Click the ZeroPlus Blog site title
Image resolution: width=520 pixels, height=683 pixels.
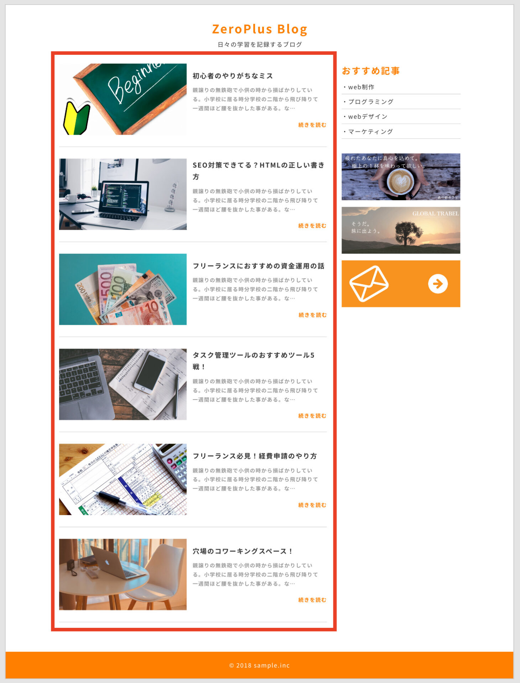(260, 29)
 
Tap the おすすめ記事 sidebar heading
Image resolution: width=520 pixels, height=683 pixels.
(370, 71)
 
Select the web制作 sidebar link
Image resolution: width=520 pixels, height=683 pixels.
(361, 87)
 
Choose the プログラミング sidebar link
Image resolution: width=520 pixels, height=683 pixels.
(371, 102)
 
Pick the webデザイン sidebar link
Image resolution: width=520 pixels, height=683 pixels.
(368, 117)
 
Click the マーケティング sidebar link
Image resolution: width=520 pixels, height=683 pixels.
(370, 132)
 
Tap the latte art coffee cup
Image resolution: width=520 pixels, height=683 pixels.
(401, 181)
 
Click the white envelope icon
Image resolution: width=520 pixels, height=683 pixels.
(369, 284)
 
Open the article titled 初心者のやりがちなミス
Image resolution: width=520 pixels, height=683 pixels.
(233, 76)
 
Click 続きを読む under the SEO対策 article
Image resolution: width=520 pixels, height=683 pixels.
(312, 226)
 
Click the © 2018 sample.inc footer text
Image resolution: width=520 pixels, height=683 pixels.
(259, 665)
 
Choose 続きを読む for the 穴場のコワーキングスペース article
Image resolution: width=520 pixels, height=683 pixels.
(312, 600)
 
